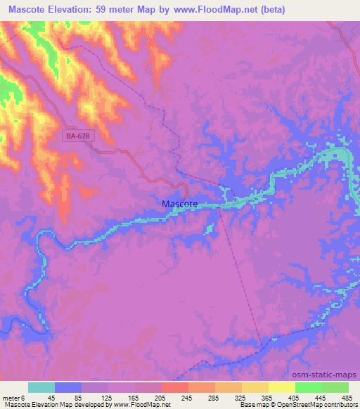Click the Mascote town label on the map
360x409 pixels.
tap(180, 204)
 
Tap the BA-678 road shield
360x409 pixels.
tap(77, 136)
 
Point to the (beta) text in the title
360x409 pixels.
tap(298, 9)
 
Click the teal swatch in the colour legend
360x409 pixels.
tap(41, 387)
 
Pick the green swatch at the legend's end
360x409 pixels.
tap(335, 387)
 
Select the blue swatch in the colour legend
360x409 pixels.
tap(68, 387)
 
